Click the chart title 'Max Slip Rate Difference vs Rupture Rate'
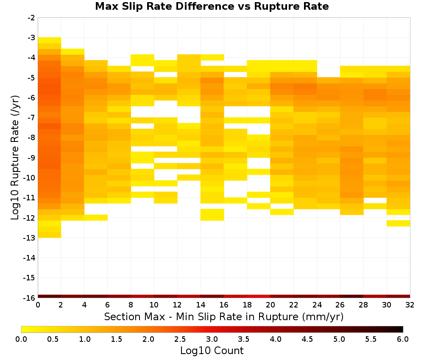click(x=212, y=6)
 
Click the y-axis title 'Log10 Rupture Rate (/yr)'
click(x=15, y=158)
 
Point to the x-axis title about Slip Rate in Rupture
click(x=224, y=316)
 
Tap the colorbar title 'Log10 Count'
click(x=212, y=351)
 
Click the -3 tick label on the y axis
click(x=31, y=38)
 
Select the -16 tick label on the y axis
click(x=29, y=298)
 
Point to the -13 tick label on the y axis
click(x=29, y=238)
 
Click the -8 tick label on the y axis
click(x=31, y=138)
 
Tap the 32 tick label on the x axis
click(x=410, y=305)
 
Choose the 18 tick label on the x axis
click(x=247, y=305)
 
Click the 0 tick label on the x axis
click(x=38, y=305)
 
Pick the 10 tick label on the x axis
click(x=154, y=305)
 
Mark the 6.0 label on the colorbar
click(x=403, y=339)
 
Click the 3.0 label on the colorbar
click(x=212, y=339)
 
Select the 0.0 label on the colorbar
click(x=21, y=339)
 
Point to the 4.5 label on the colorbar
click(x=307, y=339)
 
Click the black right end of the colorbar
click(x=402, y=329)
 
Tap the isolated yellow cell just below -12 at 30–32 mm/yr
click(x=398, y=223)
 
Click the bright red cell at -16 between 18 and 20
click(x=259, y=296)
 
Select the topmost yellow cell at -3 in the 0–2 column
click(x=50, y=40)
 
